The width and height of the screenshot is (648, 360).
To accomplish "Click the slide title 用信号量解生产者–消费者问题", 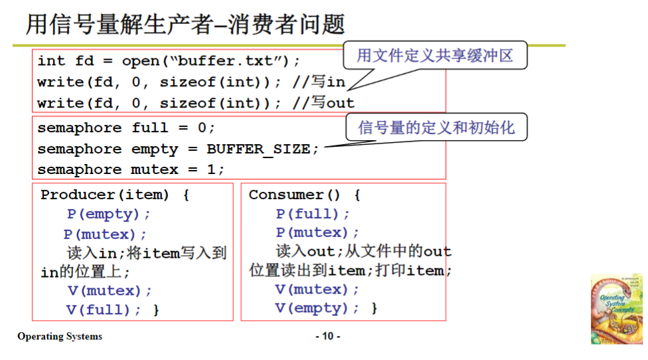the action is click(186, 25).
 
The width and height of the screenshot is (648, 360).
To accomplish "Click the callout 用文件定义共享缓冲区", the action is click(435, 55).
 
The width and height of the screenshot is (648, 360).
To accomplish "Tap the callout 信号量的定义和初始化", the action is click(436, 127).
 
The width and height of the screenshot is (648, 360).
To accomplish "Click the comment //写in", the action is click(319, 82).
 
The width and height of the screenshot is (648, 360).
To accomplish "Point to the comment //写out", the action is click(323, 103).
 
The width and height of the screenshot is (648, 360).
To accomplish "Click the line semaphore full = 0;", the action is click(126, 128).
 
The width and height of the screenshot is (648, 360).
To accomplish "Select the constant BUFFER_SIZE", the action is click(259, 149).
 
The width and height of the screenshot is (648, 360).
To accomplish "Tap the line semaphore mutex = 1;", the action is click(131, 169).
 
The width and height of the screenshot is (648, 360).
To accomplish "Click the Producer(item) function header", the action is click(115, 195).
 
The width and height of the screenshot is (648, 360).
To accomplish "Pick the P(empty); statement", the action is click(109, 214).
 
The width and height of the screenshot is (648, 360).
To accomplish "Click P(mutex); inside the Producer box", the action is click(106, 234).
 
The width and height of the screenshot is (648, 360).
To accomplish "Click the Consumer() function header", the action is click(304, 195).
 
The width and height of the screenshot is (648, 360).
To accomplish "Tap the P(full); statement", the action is click(313, 214).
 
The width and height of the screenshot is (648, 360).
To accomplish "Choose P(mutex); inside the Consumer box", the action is click(317, 232).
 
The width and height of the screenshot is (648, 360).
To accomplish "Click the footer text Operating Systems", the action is click(60, 336).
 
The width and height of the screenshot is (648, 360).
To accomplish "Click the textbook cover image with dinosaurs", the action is click(617, 309).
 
